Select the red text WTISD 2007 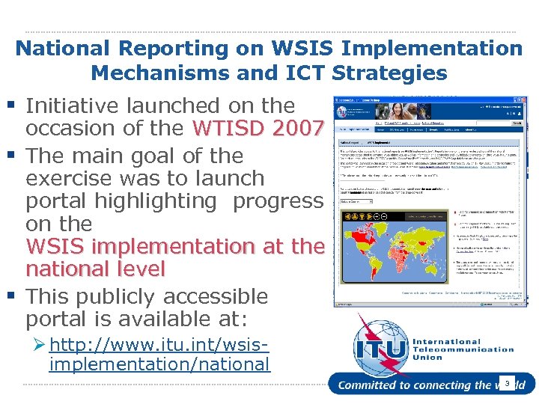tap(258, 128)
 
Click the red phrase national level tap(95, 268)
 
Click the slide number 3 tap(507, 383)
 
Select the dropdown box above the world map tap(356, 201)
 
